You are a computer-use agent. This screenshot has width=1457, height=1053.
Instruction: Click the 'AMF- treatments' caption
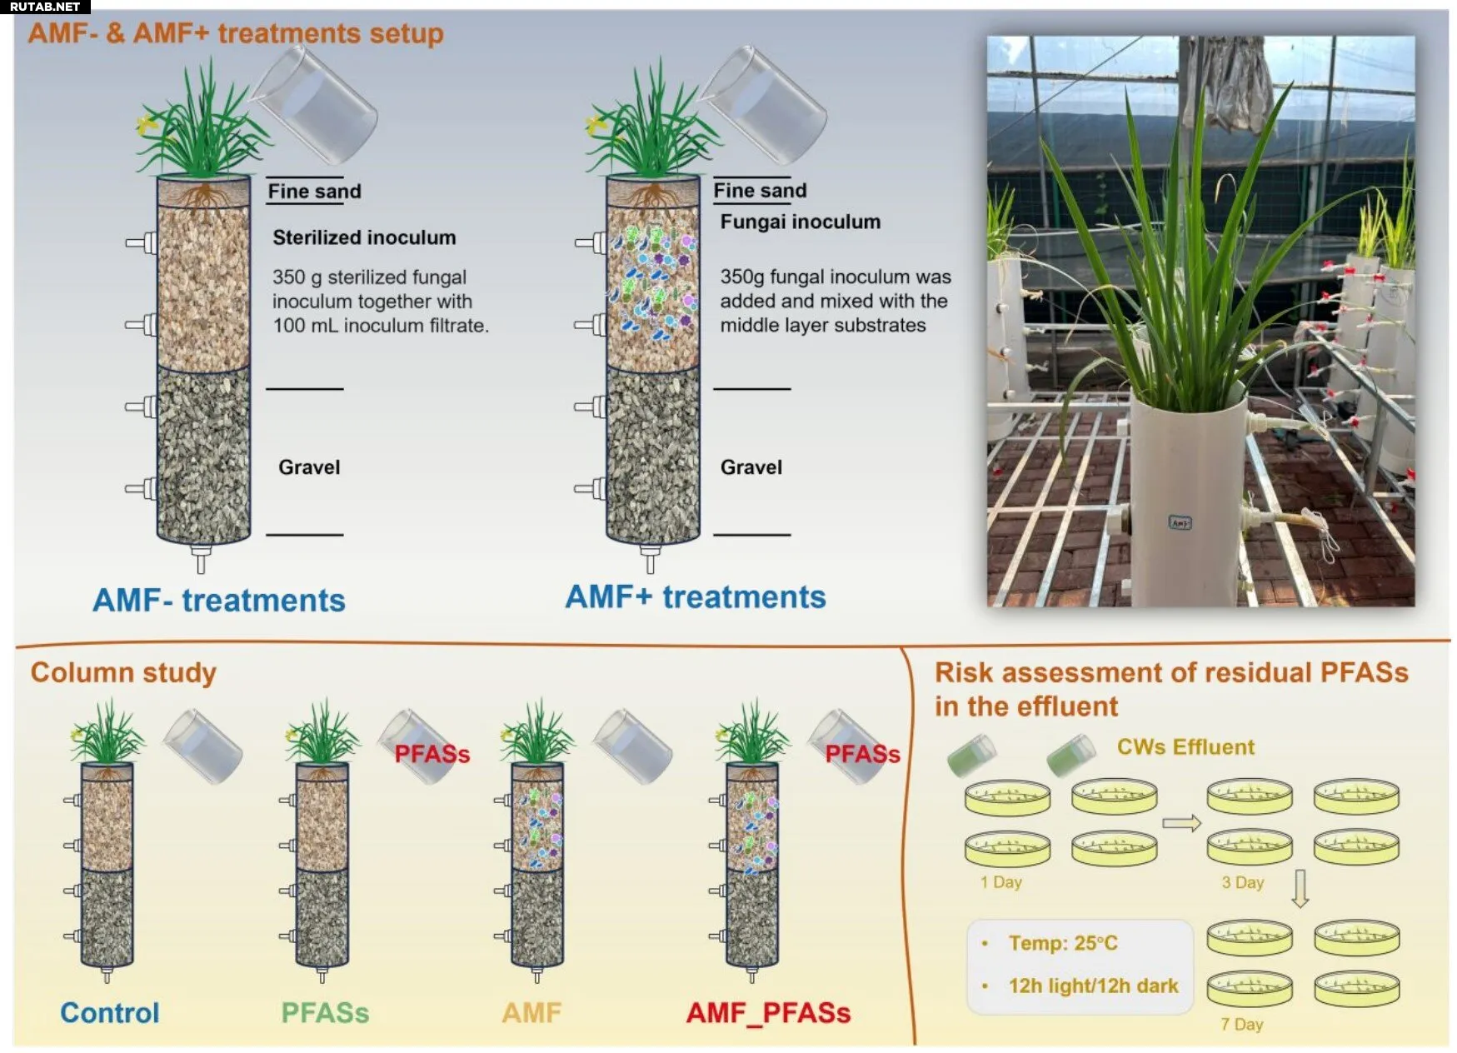click(x=218, y=600)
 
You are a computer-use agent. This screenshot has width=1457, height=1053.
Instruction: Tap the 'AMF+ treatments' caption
click(x=695, y=596)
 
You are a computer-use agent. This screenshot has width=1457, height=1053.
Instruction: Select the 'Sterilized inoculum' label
click(x=364, y=237)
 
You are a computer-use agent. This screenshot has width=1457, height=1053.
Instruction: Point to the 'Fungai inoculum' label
click(x=800, y=222)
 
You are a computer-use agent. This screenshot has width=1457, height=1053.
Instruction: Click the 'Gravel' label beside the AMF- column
click(x=309, y=467)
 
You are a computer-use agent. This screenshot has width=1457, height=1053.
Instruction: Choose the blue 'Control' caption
click(x=109, y=1012)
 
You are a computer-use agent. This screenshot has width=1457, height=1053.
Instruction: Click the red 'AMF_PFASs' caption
click(x=768, y=1012)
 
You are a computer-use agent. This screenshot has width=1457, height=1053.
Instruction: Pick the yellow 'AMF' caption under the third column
click(x=531, y=1012)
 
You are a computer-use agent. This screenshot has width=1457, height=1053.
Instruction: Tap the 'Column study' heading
click(x=123, y=672)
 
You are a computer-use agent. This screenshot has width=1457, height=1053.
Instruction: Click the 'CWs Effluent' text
click(x=1185, y=746)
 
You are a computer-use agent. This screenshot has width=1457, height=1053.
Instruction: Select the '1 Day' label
click(x=1000, y=882)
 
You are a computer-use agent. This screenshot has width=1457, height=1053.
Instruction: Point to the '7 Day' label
click(x=1241, y=1024)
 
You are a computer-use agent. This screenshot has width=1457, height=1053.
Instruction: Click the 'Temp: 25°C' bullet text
click(x=1062, y=943)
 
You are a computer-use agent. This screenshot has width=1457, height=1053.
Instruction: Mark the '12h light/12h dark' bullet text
click(x=1093, y=986)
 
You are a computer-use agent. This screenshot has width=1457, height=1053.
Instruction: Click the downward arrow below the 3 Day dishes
click(x=1300, y=888)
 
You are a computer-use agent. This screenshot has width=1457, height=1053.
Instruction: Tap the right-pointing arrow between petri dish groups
click(x=1181, y=823)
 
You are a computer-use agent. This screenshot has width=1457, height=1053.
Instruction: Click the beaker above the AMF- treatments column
click(x=317, y=104)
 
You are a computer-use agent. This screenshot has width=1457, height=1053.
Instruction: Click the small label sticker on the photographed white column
click(x=1180, y=523)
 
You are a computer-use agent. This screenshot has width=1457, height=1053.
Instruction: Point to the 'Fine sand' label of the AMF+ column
click(x=760, y=191)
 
